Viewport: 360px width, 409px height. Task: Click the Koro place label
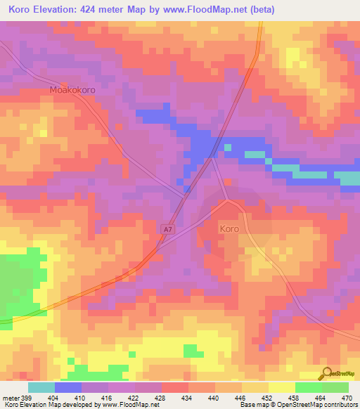coord(229,229)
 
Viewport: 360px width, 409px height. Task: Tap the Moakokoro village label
coord(72,91)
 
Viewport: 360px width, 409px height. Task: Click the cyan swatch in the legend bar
coord(41,387)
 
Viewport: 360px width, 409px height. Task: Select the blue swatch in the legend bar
coord(68,387)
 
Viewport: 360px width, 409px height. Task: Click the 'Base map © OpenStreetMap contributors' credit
coord(297,405)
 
